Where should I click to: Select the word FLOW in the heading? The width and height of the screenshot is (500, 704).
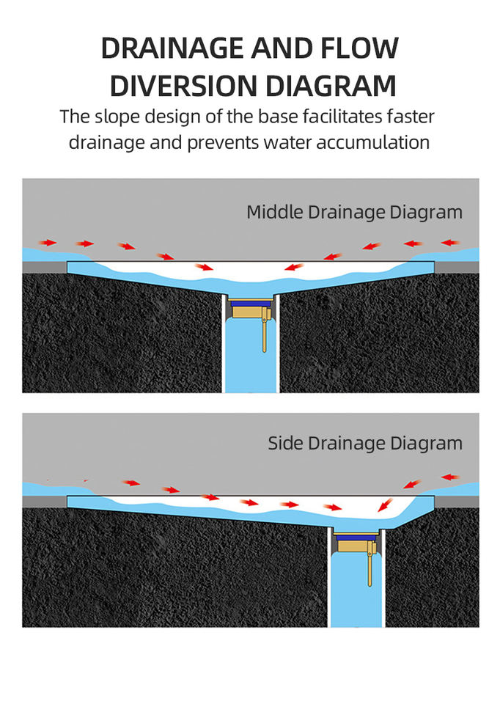click(360, 48)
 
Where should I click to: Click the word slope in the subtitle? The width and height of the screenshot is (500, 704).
click(117, 117)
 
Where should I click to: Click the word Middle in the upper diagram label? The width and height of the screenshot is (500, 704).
click(271, 213)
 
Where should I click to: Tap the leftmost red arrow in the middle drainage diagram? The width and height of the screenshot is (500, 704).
click(48, 242)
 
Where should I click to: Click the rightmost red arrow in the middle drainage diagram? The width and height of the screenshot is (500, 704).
click(450, 242)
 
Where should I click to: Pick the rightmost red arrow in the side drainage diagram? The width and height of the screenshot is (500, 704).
click(450, 477)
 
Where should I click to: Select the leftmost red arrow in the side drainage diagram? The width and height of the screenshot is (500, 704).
click(131, 483)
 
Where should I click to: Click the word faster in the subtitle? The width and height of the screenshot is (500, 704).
click(415, 117)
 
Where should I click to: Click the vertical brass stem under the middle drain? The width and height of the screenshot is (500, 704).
click(264, 337)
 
